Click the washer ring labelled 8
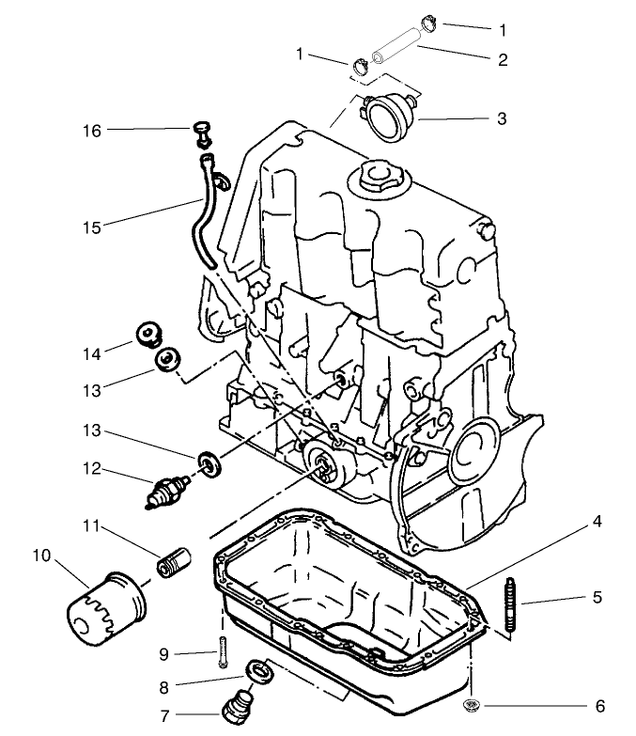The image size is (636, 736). (259, 671)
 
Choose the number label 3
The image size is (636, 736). (503, 119)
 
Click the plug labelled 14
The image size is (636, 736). (147, 334)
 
